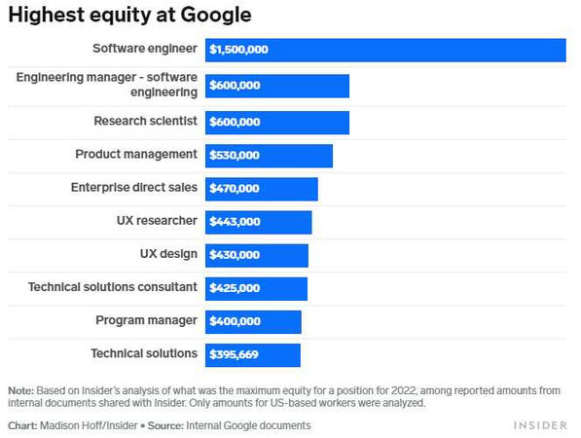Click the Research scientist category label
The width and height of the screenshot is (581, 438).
(145, 122)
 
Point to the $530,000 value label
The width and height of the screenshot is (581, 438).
(234, 156)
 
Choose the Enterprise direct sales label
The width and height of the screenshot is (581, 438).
(133, 187)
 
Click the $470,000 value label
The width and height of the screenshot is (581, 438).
(234, 189)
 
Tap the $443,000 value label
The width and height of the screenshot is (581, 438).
(234, 222)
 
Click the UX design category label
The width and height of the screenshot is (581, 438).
(168, 254)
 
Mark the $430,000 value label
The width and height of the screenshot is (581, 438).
(234, 255)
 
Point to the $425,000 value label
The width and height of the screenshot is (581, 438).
(234, 288)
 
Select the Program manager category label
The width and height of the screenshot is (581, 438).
(146, 320)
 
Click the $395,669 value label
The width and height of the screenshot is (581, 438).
(234, 354)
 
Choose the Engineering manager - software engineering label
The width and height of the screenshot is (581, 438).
(107, 85)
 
